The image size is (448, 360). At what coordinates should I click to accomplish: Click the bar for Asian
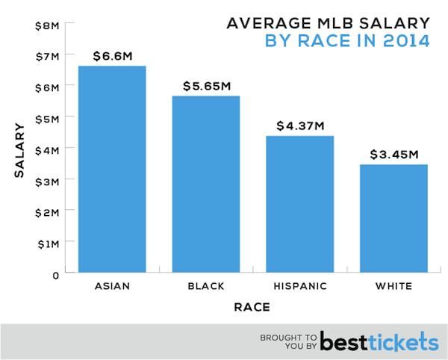coord(112,170)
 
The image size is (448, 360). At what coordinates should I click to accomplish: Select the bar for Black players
coord(205,185)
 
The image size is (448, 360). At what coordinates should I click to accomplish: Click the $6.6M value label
coord(112,55)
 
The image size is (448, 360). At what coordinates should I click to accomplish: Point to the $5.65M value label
coord(205,85)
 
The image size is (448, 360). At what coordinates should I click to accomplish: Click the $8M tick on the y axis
coord(47,25)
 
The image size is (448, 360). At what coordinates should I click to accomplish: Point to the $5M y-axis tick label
coord(47,118)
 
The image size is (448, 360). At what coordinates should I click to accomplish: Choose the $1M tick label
coord(47,243)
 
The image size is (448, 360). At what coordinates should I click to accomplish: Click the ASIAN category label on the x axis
coord(112,287)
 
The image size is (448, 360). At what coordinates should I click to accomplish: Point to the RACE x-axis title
coord(252,307)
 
